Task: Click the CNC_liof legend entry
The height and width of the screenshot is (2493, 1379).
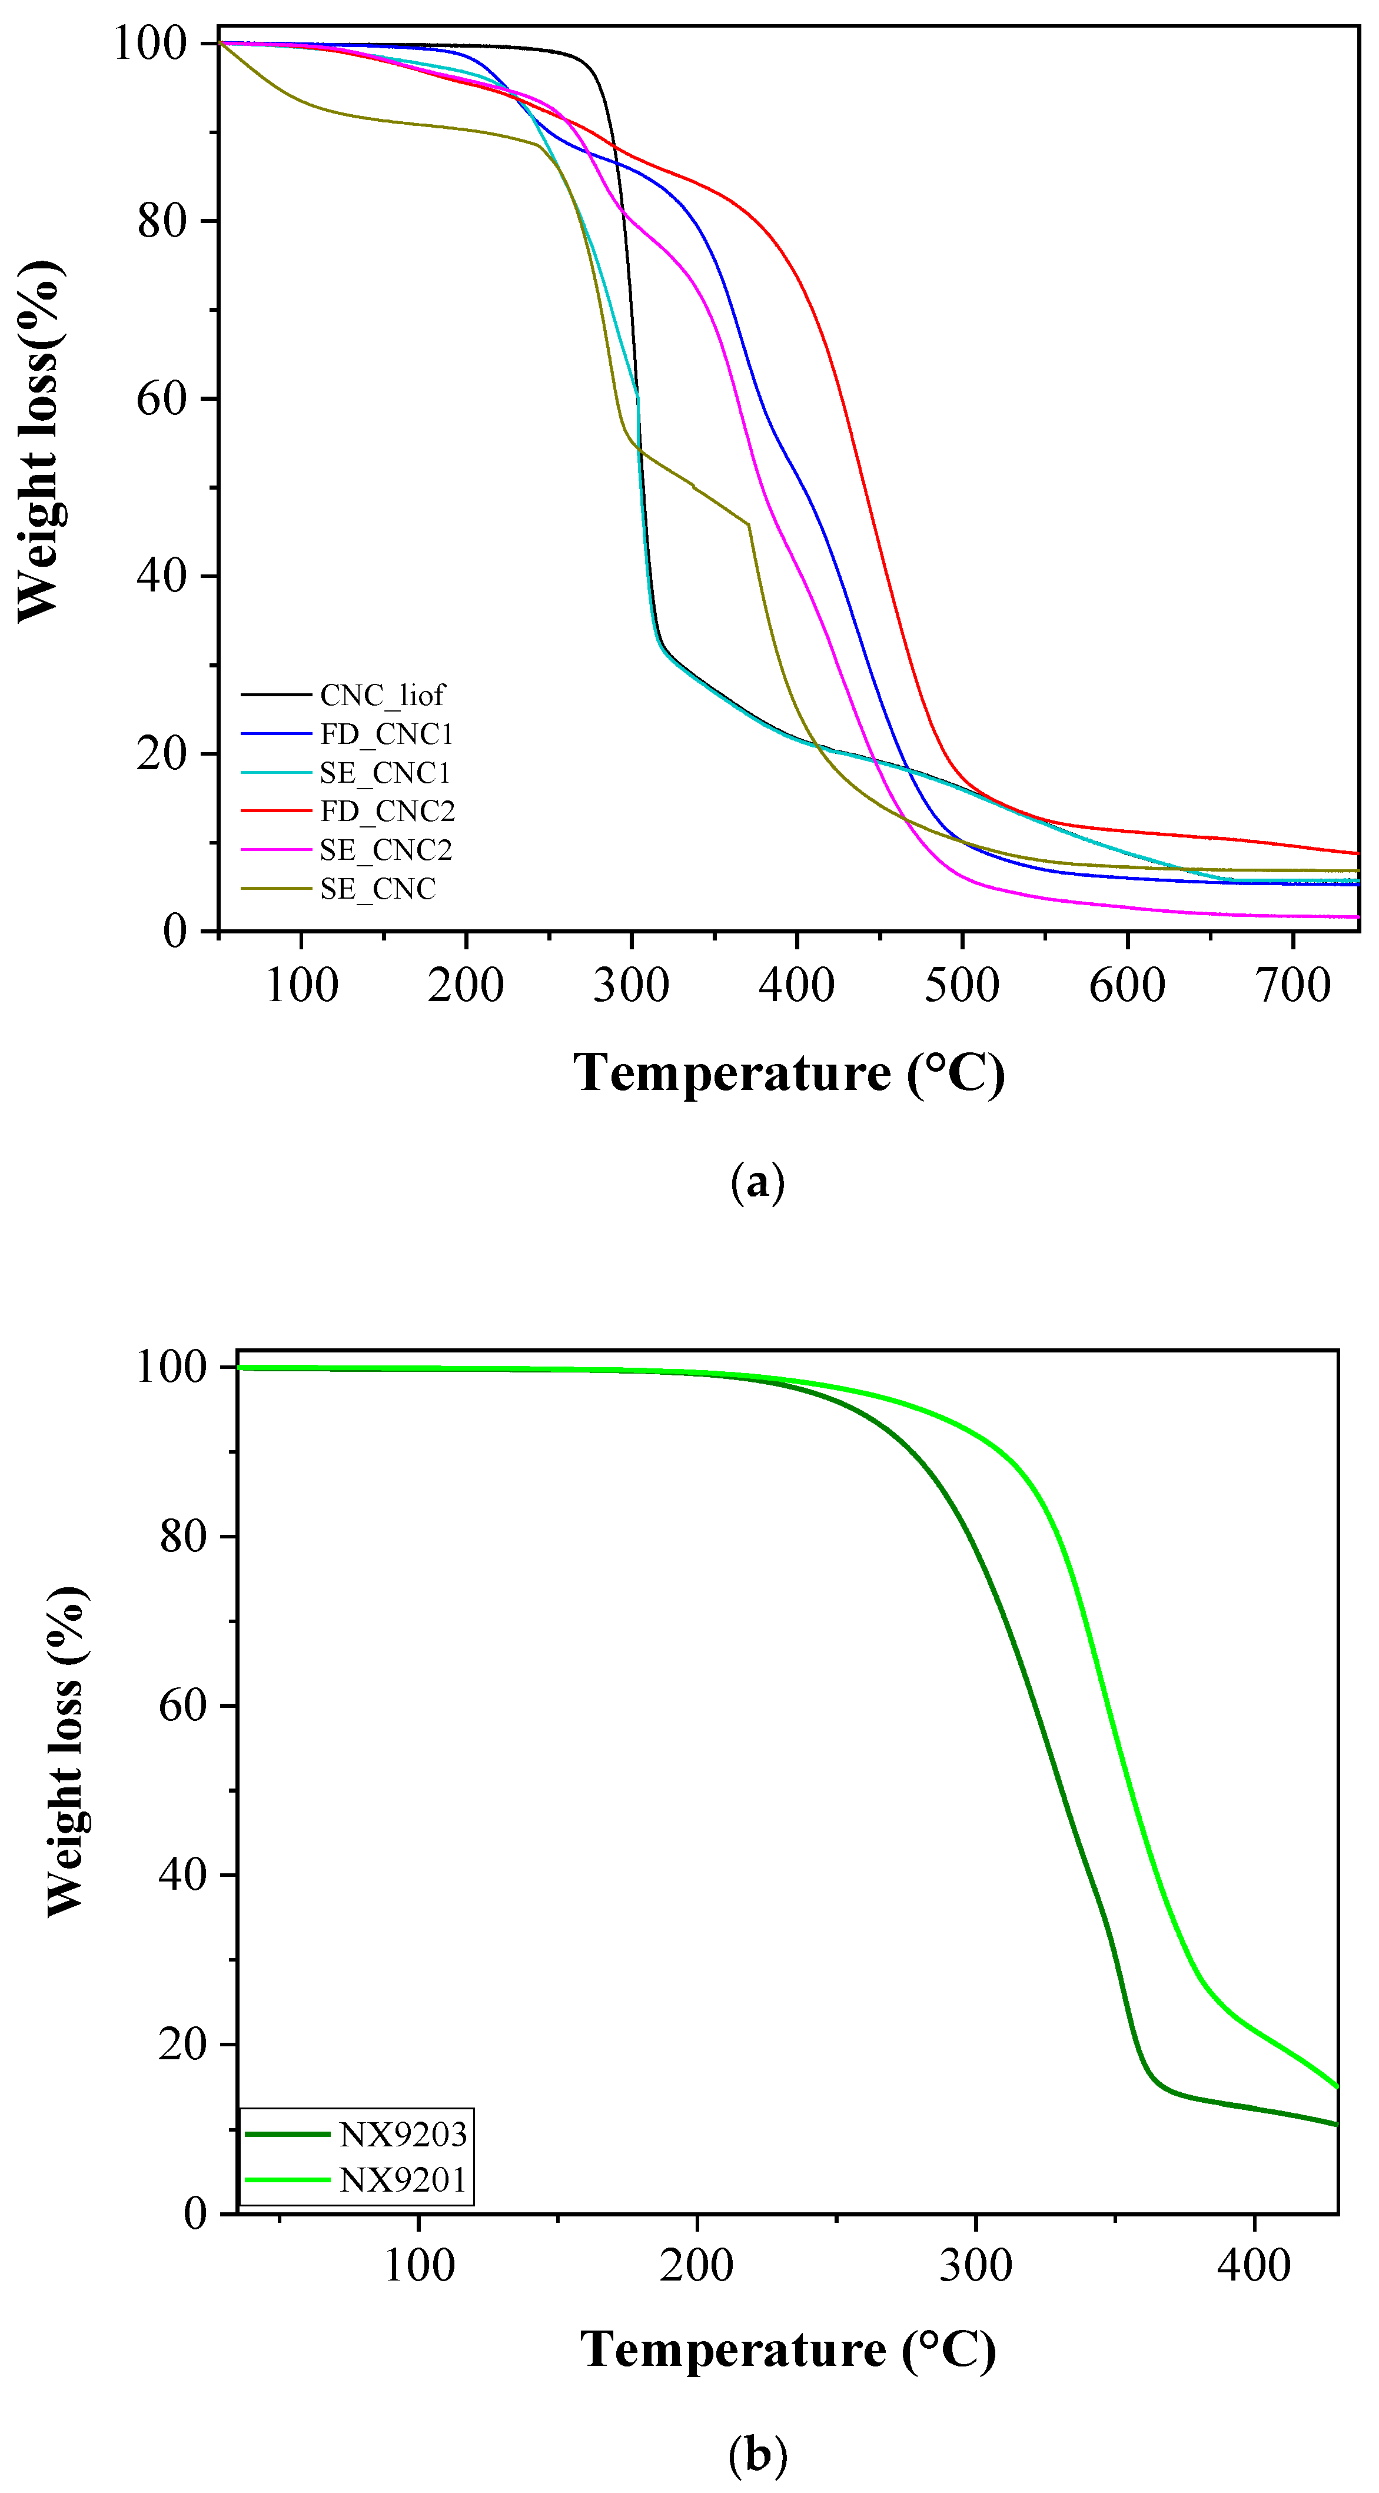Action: pos(381,695)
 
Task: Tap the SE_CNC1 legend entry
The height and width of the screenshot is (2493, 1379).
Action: pos(385,772)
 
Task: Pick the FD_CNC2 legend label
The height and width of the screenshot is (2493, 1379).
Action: pos(387,811)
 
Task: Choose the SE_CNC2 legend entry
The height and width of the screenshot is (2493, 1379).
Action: pos(385,850)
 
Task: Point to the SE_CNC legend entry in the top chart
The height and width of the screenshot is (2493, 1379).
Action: pos(377,889)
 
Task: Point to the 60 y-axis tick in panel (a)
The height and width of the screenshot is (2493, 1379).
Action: pos(162,398)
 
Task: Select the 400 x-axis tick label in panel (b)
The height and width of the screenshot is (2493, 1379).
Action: pos(1254,2266)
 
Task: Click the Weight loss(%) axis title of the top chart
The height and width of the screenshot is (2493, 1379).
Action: pos(39,440)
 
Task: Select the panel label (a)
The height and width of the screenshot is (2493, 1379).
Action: pos(757,1182)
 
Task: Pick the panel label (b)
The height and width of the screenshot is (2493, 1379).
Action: pos(757,2454)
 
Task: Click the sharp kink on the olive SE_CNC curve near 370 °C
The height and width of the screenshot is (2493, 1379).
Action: pos(748,524)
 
